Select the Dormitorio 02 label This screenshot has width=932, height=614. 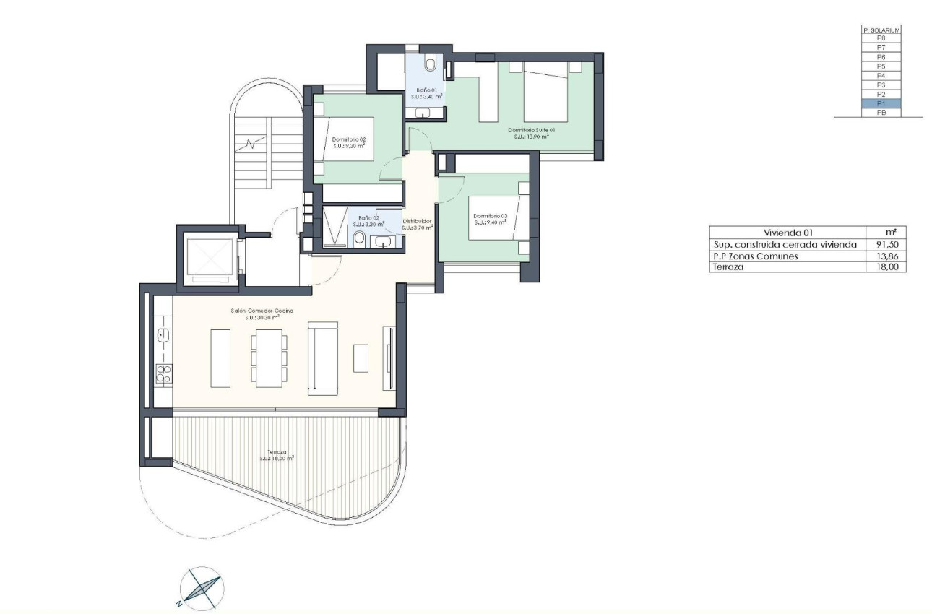pos(349,139)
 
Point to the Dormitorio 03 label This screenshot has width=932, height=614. pos(490,216)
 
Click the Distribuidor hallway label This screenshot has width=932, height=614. pos(417,221)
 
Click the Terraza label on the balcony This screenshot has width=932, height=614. pos(276,452)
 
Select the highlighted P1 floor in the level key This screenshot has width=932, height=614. pos(881,103)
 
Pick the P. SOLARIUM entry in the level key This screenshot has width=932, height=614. pos(881,30)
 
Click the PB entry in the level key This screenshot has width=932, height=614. pos(881,113)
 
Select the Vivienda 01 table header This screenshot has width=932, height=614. pos(788,233)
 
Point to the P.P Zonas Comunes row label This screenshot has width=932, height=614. pos(755,256)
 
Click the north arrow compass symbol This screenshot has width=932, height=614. pos(199,587)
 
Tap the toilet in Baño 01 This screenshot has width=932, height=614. pos(431,64)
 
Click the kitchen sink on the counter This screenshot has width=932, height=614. pos(163,335)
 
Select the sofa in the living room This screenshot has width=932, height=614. pos(323,358)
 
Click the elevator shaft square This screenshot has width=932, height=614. pos(207,256)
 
